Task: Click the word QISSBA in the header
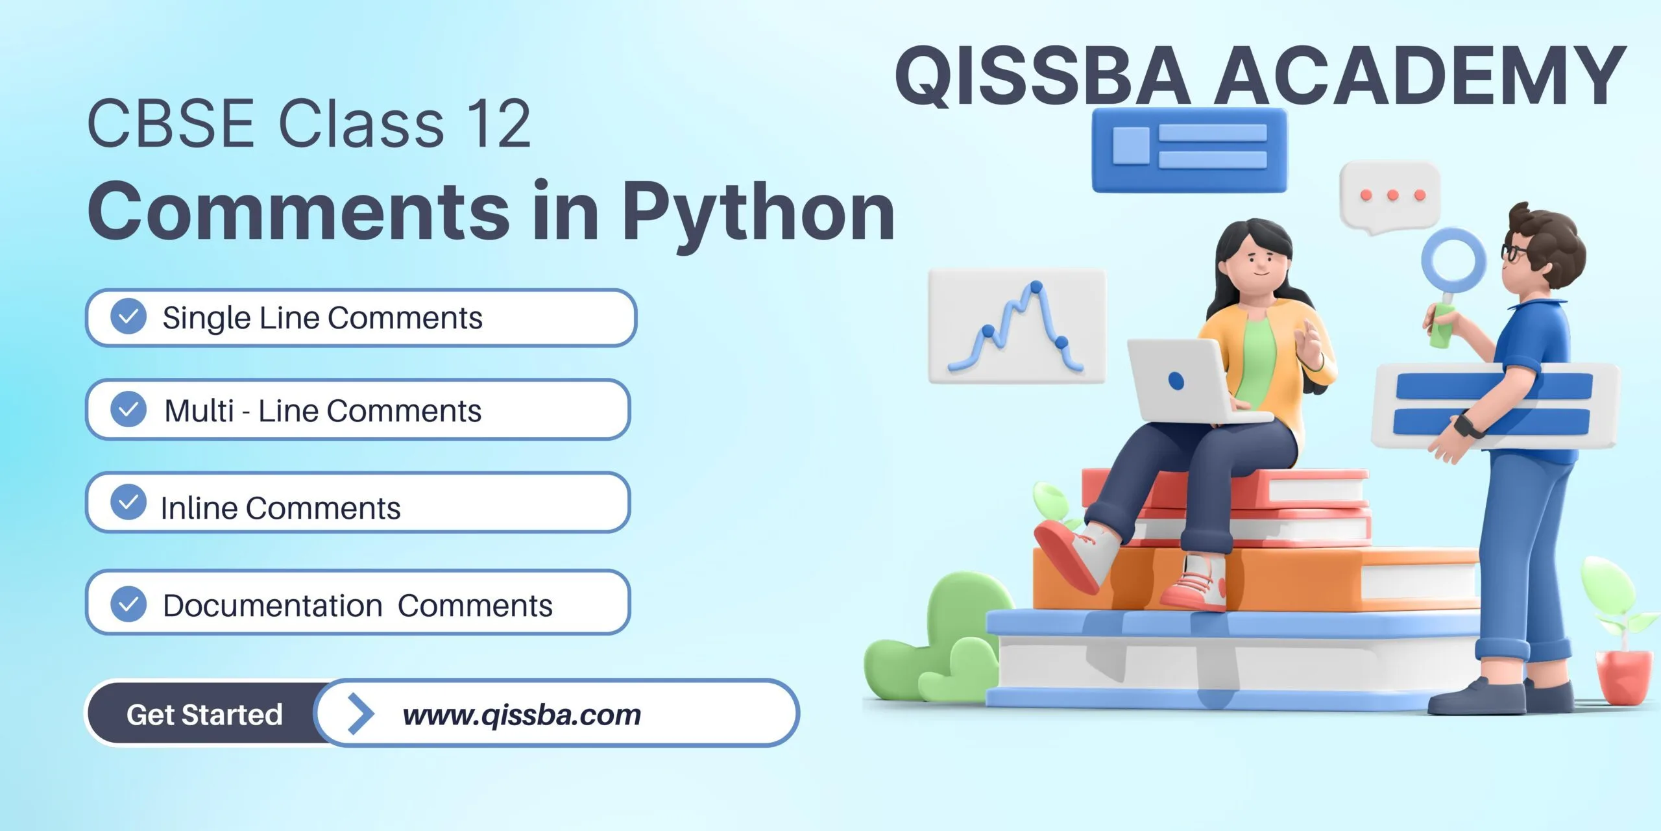[1043, 75]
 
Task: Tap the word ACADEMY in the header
[1420, 75]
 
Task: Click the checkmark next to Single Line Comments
[128, 317]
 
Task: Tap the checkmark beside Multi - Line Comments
[128, 409]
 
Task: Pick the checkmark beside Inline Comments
[128, 502]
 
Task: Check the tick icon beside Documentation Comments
[128, 604]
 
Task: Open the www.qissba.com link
[522, 715]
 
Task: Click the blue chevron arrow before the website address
[361, 713]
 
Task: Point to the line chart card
[1017, 326]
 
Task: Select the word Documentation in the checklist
[273, 606]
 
